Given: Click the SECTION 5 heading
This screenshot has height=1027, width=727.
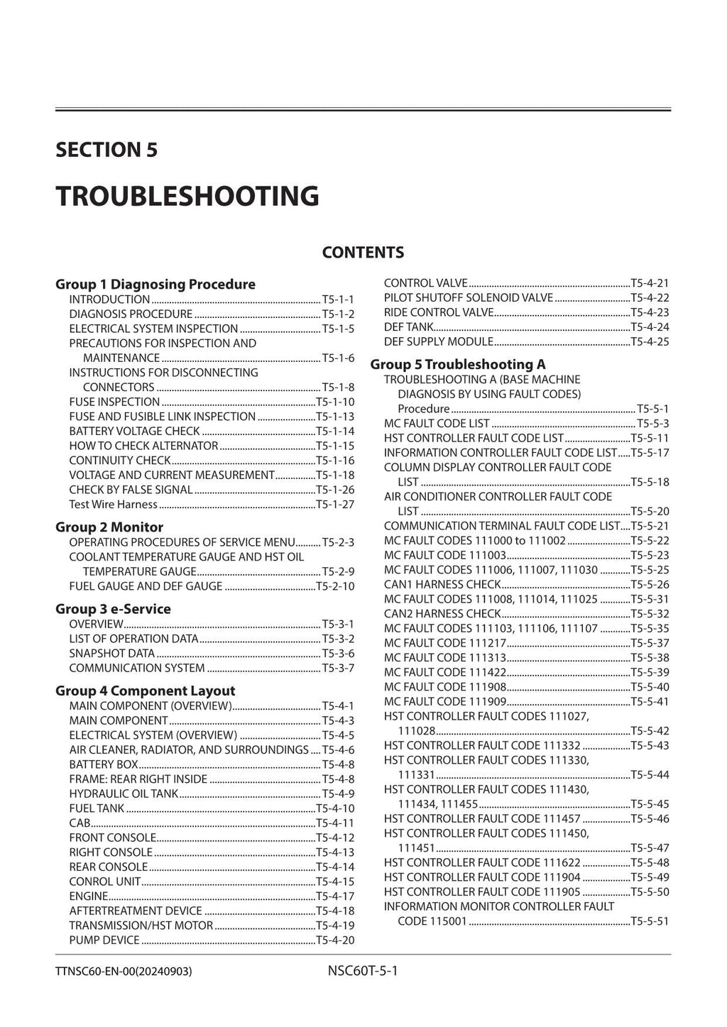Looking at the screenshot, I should (x=106, y=150).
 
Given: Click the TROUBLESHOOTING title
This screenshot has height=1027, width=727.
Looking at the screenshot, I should (x=187, y=196).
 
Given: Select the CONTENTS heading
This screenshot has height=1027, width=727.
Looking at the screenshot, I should (x=363, y=253).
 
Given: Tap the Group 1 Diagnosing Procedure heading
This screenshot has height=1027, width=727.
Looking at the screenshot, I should (x=155, y=284).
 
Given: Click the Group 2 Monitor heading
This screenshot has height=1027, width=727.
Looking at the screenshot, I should (x=109, y=527).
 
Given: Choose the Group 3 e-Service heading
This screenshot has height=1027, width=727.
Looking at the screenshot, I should (x=113, y=608).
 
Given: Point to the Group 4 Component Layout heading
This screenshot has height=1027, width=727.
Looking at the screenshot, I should (x=145, y=691).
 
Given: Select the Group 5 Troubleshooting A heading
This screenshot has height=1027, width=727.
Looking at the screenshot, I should (x=458, y=364).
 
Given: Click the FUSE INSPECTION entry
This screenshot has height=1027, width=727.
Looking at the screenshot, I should (x=114, y=402).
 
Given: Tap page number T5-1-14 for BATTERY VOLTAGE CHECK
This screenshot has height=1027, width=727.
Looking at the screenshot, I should (x=334, y=431).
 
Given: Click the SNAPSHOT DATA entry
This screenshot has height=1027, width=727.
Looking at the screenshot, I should (x=111, y=653).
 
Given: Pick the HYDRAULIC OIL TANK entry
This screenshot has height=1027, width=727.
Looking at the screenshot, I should (x=124, y=793).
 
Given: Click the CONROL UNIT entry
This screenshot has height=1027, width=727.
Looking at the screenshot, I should (x=105, y=882).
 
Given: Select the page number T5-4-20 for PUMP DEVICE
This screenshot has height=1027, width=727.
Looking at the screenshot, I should (x=334, y=940).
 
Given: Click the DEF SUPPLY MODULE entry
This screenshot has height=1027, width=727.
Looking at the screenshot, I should (x=438, y=341).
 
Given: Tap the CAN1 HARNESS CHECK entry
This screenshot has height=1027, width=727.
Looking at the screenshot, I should (x=442, y=584).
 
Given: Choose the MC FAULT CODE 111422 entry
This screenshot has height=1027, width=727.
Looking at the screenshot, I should (x=445, y=672).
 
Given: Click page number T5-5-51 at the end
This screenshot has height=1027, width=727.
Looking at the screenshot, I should (x=650, y=921).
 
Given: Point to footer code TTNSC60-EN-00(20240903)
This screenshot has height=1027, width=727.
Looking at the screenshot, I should (x=124, y=971).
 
